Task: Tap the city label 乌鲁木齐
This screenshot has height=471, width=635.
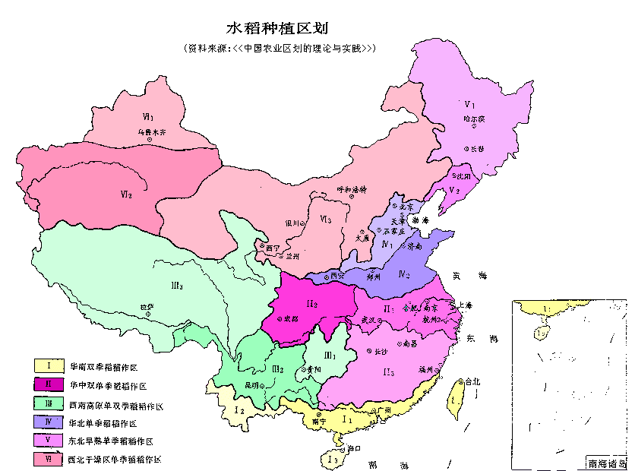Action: click(x=151, y=131)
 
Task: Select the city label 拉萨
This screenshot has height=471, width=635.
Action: click(x=147, y=306)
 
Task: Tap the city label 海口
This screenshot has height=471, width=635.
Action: click(x=354, y=450)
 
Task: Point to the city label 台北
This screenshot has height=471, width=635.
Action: click(x=472, y=381)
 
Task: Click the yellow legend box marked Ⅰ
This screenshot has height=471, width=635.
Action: click(x=47, y=366)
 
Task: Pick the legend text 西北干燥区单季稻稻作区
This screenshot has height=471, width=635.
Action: click(x=114, y=459)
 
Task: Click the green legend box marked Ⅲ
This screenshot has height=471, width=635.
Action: click(x=47, y=404)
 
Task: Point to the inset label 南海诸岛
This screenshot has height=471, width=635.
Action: click(x=605, y=462)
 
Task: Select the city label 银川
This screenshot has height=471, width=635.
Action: click(x=292, y=223)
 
